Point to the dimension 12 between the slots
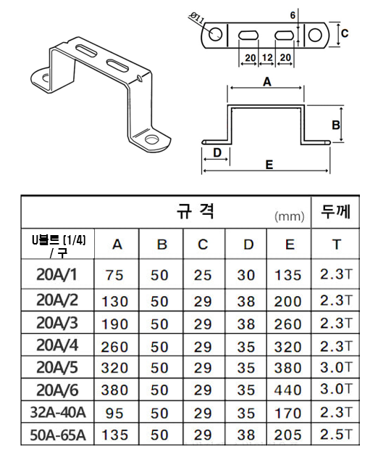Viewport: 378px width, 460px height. pos(267,57)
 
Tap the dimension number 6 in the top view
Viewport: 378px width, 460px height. pos(293,15)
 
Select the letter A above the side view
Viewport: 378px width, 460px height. pos(267,82)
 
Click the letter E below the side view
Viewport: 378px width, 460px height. pos(269,165)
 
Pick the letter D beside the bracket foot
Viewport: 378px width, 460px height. pos(217,152)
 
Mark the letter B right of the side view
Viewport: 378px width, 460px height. pos(336,126)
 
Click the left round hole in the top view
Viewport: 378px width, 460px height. pos(215,34)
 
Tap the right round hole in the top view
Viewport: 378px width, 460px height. pos(315,35)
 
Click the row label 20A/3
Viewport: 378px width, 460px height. pos(57,323)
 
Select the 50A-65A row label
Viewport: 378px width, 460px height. pos(58,435)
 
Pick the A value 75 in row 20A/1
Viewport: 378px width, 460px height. pos(114,275)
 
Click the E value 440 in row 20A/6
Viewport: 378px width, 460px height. pos(287,390)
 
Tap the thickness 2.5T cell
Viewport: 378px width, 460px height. pos(335,435)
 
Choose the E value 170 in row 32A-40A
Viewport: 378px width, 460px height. pos(287,414)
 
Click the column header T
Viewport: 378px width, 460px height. pos(337,245)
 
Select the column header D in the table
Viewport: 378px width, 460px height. pos(248,245)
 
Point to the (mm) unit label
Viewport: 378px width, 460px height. pos(290,216)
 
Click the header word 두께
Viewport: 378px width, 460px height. pos(335,211)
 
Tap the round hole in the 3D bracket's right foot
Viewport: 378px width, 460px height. pos(151,139)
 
